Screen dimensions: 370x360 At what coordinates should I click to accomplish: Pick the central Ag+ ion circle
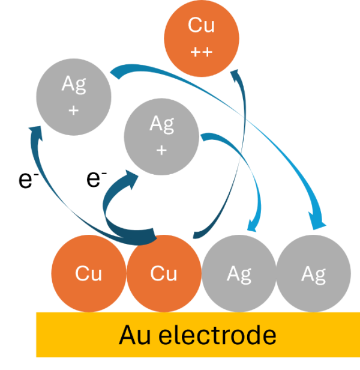pos(161,136)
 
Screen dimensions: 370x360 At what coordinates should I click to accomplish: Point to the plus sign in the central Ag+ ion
pos(161,150)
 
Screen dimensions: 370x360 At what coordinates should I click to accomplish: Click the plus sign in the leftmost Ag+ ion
pos(74,110)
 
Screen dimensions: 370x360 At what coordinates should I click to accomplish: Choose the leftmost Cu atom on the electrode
pos(88,273)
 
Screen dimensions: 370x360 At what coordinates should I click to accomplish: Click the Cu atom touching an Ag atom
pos(163,273)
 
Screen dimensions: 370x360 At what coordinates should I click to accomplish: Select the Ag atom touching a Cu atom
pos(239,273)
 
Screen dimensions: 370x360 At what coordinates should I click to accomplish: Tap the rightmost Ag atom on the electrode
pos(314,273)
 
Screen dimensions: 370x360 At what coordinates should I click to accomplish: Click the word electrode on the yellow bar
pos(218,335)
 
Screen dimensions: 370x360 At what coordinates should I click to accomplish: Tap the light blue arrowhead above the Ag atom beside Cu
pos(253,226)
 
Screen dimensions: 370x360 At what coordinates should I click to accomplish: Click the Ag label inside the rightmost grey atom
pos(314,274)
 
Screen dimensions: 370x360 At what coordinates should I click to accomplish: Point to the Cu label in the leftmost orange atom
pos(88,274)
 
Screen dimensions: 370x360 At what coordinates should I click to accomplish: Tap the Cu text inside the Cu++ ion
pos(202,26)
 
